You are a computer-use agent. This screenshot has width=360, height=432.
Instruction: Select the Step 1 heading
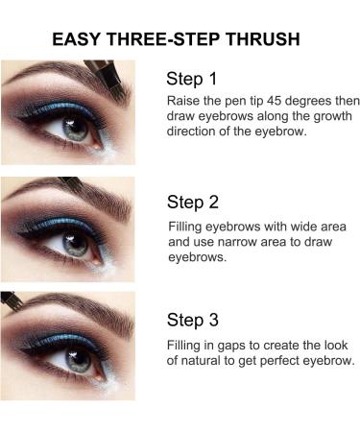pyautogui.click(x=192, y=79)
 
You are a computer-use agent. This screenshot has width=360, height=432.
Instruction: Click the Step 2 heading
pyautogui.click(x=193, y=203)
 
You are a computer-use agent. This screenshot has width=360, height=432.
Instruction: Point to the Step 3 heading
pyautogui.click(x=193, y=320)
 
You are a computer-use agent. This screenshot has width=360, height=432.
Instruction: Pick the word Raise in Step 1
pyautogui.click(x=183, y=101)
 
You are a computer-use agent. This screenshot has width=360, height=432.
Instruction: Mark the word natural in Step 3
pyautogui.click(x=208, y=361)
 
